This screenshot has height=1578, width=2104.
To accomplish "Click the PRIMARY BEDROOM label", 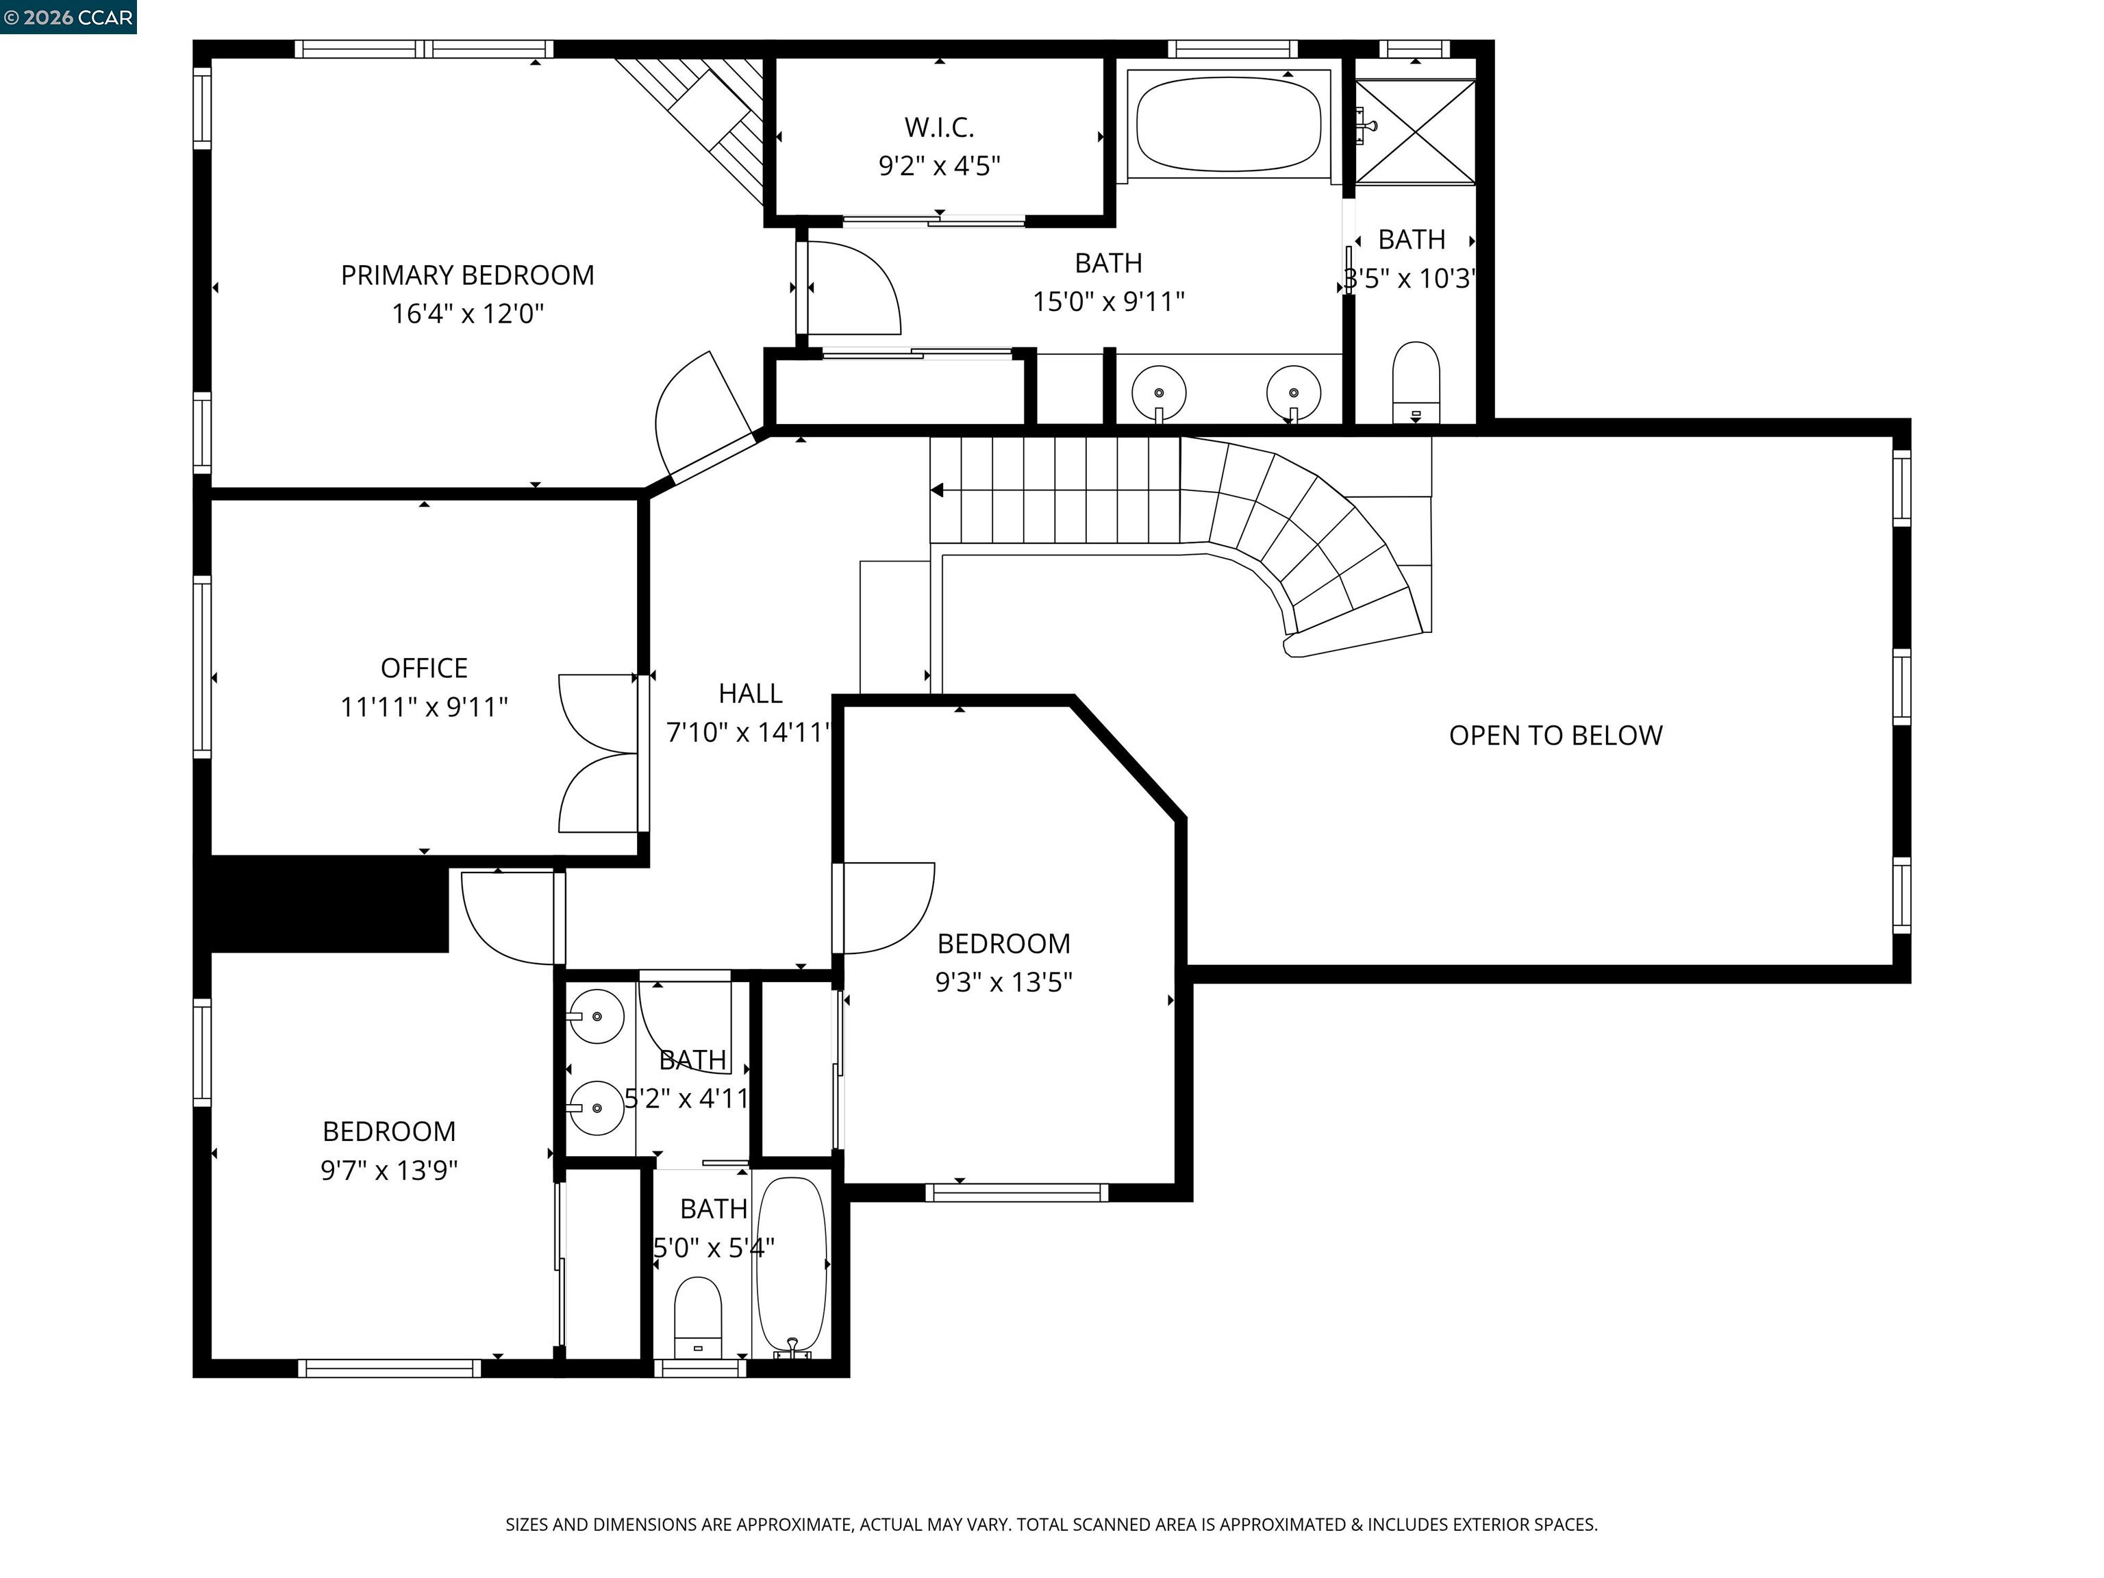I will (x=467, y=275).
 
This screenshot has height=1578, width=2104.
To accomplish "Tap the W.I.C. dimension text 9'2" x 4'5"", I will (x=939, y=166).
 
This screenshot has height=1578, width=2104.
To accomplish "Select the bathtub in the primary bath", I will (x=1228, y=124).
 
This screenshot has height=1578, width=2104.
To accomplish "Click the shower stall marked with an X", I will (x=1414, y=132).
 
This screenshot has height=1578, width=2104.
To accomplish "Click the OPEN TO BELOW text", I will (x=1555, y=736).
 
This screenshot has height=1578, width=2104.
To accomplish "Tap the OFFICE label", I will (x=424, y=668).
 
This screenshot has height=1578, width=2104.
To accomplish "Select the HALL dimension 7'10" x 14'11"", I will (x=749, y=732).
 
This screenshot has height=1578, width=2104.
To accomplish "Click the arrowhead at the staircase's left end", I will (x=937, y=491).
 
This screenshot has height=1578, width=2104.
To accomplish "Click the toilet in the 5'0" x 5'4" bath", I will (x=697, y=1316).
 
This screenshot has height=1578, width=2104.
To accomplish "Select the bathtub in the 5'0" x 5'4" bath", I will (x=791, y=1265).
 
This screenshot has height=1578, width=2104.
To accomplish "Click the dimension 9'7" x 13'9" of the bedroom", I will (x=389, y=1170).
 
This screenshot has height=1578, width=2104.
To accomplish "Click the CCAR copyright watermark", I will (x=68, y=17).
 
